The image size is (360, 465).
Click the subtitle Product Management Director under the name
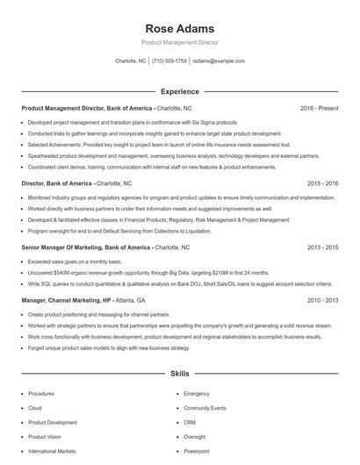tap(179, 41)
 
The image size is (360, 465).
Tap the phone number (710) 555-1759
tap(169, 61)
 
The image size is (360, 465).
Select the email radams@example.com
tap(219, 61)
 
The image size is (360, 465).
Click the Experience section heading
tap(179, 90)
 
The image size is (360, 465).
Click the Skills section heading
tap(179, 373)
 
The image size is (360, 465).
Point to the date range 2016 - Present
tap(319, 107)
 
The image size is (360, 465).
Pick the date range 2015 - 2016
tap(322, 183)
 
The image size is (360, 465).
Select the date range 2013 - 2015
tap(322, 248)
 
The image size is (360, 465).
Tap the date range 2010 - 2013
tap(322, 300)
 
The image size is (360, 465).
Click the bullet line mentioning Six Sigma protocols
tap(132, 122)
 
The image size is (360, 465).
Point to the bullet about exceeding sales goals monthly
tap(74, 262)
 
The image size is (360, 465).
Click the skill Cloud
tap(34, 408)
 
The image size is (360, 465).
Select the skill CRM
tap(189, 422)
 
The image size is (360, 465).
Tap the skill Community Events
tap(205, 408)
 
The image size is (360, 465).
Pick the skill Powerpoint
tap(197, 451)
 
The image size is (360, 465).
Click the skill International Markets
tap(52, 451)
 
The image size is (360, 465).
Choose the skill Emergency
tap(197, 394)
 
